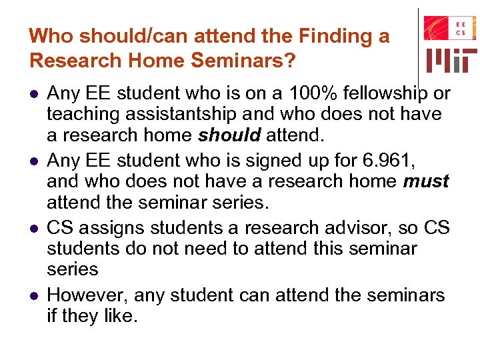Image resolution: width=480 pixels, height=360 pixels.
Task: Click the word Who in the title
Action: (47, 35)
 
